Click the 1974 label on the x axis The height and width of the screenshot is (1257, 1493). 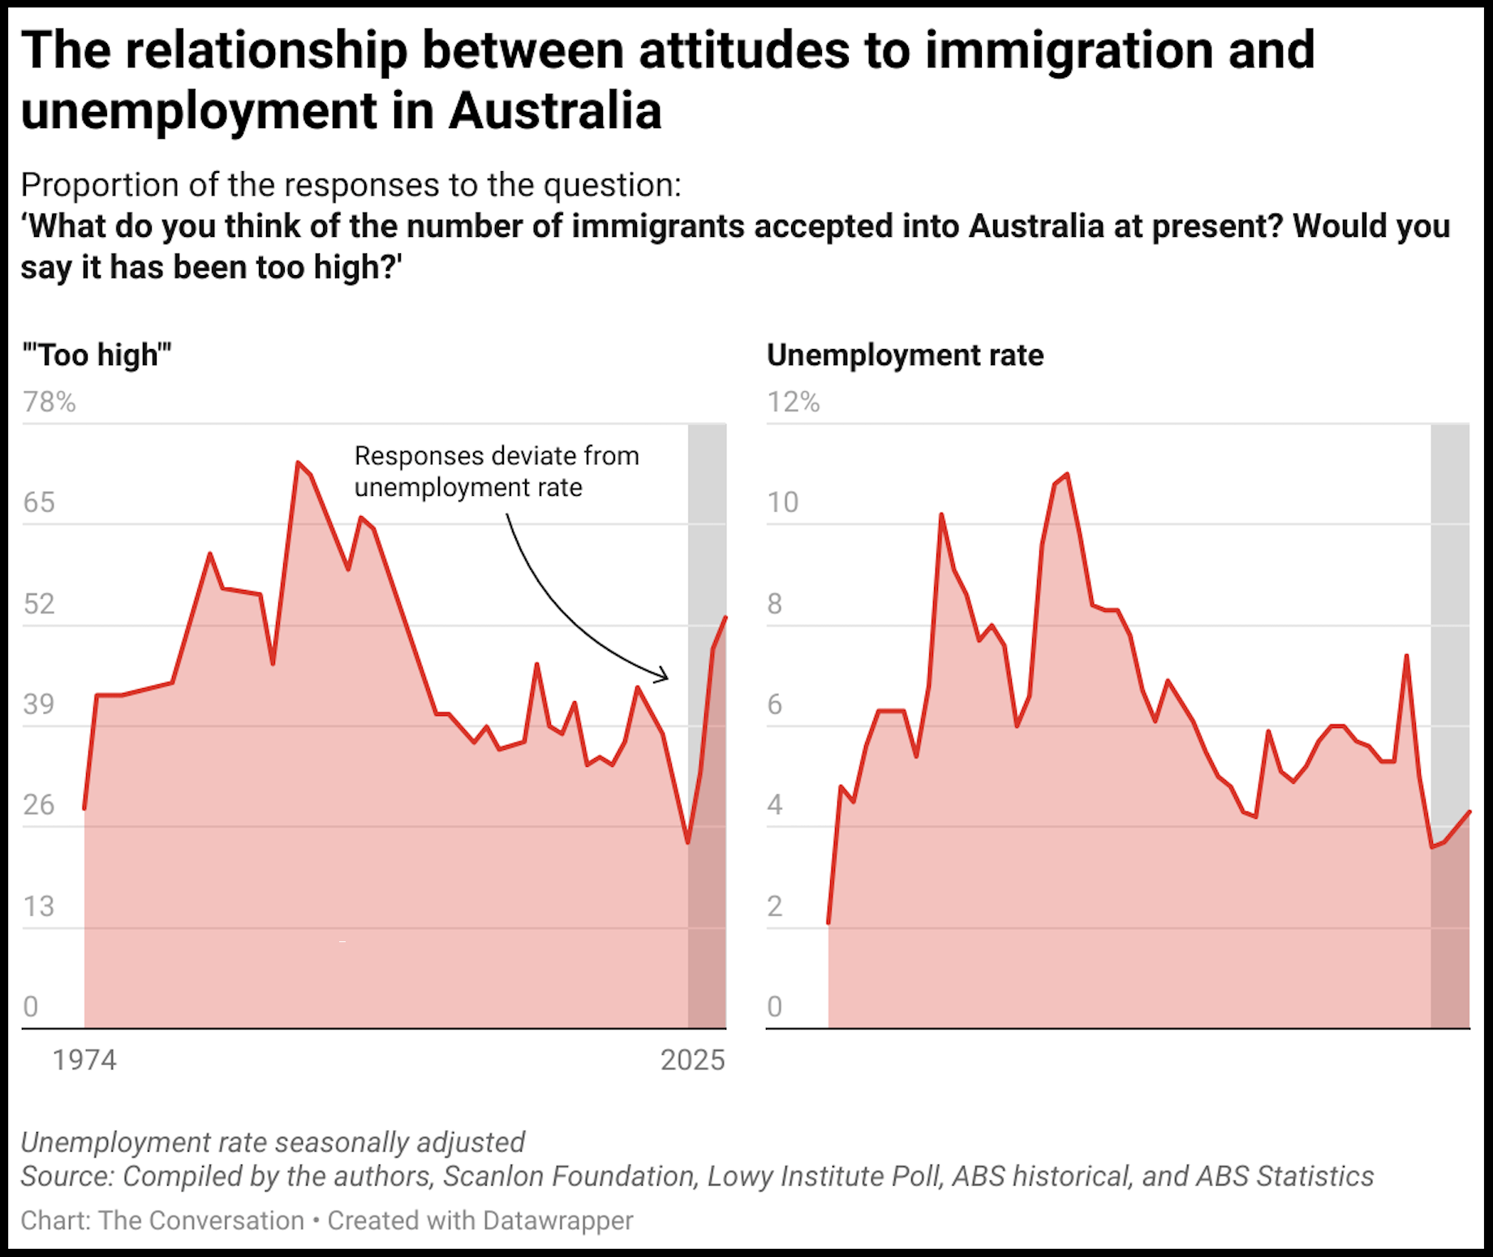click(84, 1060)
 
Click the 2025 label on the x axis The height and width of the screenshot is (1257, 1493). click(692, 1060)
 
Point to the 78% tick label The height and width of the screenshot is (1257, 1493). click(49, 402)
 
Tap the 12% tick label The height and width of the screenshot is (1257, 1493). click(794, 402)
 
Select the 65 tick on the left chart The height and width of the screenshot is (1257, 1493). click(39, 502)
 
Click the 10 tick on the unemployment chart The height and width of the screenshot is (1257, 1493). click(783, 502)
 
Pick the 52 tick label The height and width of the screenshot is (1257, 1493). click(39, 604)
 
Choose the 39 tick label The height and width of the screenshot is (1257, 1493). click(39, 704)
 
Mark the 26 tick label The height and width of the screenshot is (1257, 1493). click(39, 805)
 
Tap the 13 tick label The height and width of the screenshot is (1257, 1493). click(38, 906)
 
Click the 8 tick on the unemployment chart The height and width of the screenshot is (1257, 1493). click(775, 604)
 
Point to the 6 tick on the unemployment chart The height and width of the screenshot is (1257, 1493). click(775, 704)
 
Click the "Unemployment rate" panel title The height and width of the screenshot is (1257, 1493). click(905, 355)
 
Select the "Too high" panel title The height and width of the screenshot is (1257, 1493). click(97, 355)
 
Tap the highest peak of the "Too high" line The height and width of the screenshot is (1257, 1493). click(298, 463)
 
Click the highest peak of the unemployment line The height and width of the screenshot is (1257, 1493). click(1066, 474)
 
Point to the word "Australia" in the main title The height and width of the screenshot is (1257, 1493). click(555, 110)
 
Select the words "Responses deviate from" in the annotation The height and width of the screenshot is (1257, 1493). click(497, 456)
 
